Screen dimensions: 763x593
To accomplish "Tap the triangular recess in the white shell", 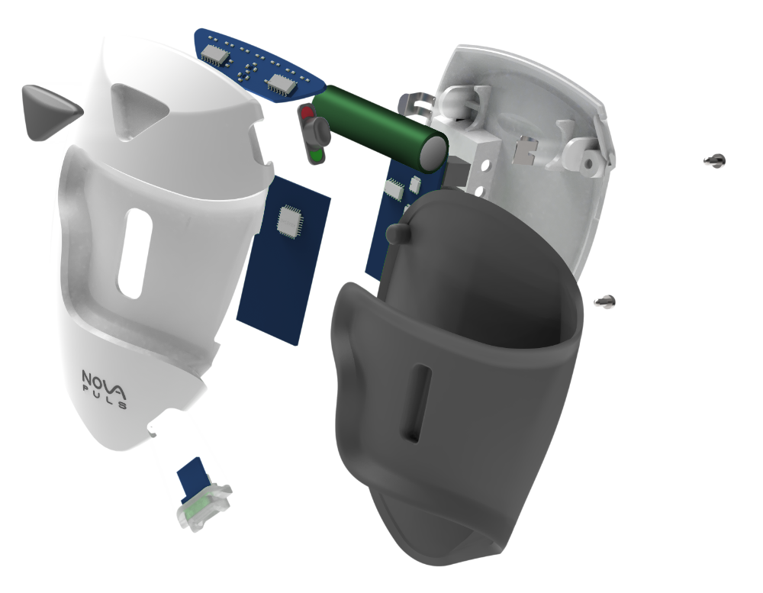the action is (137, 110).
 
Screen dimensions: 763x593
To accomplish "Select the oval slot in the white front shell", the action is (135, 253).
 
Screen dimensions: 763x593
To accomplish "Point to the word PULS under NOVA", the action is (105, 397).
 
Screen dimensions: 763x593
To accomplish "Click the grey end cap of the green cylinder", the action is (433, 152).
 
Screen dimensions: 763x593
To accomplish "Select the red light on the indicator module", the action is (307, 113).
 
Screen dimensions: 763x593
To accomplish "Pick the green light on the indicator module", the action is (317, 156).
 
